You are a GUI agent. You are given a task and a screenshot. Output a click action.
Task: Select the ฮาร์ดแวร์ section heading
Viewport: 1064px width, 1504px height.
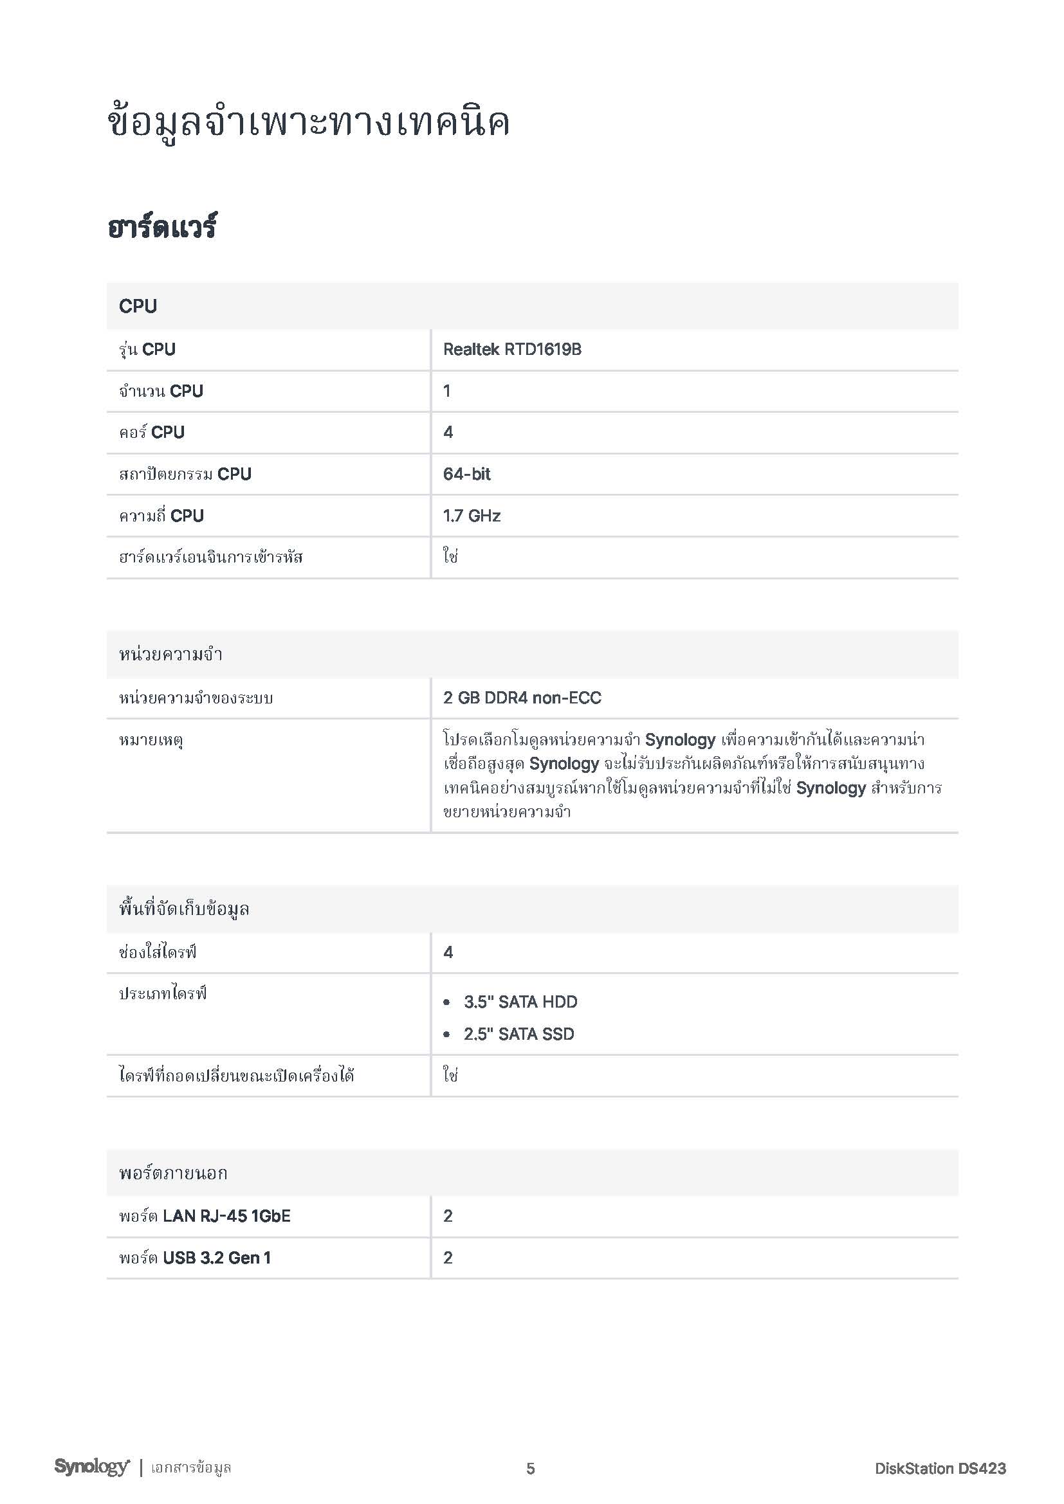pos(162,227)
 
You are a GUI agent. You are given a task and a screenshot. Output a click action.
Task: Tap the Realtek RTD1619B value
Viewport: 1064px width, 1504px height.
pos(512,349)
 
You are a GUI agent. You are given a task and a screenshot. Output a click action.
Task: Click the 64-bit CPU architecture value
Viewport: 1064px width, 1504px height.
pos(466,474)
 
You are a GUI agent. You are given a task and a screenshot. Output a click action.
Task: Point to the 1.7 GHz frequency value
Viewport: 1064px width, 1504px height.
pos(472,516)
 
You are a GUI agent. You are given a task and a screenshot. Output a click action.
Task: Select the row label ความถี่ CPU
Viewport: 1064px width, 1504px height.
pos(161,516)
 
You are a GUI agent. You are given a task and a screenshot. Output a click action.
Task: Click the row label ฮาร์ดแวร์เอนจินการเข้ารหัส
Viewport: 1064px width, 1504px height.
pos(211,557)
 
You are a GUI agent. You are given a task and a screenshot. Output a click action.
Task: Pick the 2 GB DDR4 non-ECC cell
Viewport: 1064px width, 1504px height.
pos(522,698)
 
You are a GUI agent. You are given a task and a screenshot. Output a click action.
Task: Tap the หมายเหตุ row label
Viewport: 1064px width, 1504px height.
pos(151,741)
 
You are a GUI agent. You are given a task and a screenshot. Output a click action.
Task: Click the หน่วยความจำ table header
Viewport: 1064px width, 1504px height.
pos(170,654)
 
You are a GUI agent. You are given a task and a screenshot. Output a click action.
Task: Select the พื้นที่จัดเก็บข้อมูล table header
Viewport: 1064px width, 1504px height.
pos(184,909)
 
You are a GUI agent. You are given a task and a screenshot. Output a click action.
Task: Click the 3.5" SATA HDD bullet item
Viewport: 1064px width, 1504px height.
pos(520,1002)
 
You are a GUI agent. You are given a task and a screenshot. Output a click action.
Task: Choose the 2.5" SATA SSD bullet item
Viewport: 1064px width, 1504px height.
pos(519,1034)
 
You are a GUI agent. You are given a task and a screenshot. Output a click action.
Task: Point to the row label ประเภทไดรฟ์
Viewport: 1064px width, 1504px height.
pos(163,993)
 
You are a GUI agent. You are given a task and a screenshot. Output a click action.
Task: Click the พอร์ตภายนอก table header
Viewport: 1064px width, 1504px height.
pos(173,1173)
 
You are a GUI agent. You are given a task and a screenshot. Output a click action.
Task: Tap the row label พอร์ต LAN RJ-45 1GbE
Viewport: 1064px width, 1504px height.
pos(205,1216)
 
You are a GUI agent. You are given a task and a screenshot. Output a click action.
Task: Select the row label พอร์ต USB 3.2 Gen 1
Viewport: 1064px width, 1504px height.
pos(194,1257)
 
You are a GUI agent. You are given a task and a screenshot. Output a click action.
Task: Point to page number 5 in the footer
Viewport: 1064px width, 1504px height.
pos(531,1469)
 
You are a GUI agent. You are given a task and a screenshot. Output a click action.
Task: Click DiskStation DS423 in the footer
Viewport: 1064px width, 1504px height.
pos(940,1469)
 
